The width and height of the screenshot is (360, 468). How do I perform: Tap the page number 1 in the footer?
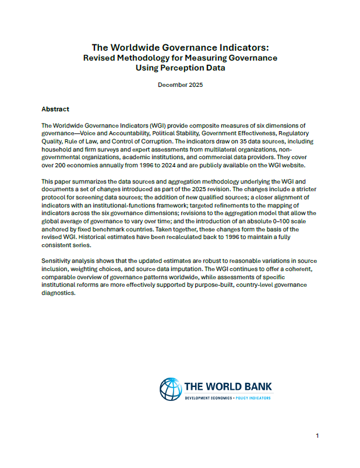[x=317, y=436]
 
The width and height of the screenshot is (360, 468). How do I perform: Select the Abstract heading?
[x=55, y=109]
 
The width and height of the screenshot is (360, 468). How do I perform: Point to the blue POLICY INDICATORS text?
[x=250, y=397]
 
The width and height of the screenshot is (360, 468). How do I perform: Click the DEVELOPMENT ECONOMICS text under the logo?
[x=208, y=397]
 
